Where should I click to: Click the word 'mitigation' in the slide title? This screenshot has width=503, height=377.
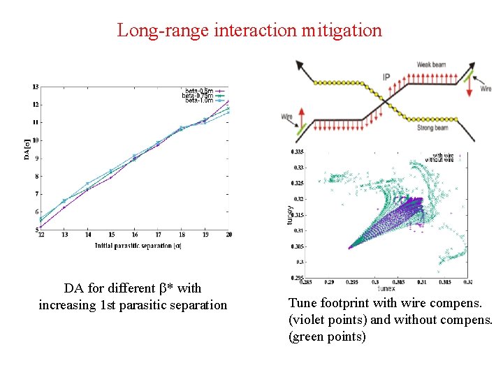coord(342,31)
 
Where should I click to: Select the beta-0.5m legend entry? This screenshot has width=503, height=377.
coord(198,91)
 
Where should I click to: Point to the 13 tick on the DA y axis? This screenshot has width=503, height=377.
coord(35,87)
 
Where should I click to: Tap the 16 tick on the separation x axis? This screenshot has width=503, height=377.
coord(134,234)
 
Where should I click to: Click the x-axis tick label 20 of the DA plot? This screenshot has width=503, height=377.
coord(228,234)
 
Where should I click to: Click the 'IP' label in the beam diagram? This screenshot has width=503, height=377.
coord(386,77)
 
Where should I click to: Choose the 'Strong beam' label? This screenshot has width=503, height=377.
coord(433,127)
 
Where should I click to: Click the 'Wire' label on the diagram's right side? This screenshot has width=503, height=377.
coord(486,89)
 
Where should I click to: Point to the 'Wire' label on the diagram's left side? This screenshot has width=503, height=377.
coord(286,117)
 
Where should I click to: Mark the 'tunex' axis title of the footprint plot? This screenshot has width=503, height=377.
coord(386,288)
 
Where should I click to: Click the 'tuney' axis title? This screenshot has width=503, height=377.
coord(289,214)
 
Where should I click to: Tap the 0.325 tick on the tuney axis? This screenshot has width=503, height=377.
coord(298,183)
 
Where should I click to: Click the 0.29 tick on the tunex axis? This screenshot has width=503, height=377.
coord(329,282)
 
